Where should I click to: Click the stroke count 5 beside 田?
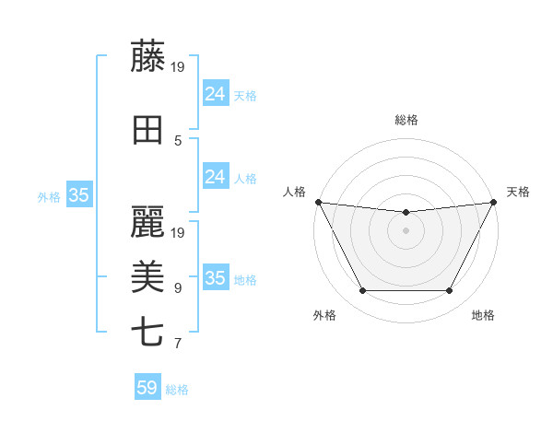tap(178, 141)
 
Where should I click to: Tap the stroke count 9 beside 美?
tap(178, 288)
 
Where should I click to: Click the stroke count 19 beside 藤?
tap(179, 66)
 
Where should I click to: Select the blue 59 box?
tap(147, 388)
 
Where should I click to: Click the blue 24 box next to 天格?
tap(215, 93)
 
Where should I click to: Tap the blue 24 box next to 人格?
tap(215, 177)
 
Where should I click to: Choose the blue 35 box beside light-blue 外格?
tap(79, 195)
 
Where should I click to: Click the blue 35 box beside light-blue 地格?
tap(215, 278)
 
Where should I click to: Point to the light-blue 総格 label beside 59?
tap(178, 390)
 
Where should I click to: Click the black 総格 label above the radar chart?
tap(406, 120)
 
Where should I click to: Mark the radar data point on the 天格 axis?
tap(494, 202)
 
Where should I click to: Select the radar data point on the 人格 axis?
tap(318, 202)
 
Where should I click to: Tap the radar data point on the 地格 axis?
tap(449, 291)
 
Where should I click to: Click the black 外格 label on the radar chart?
tap(324, 316)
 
